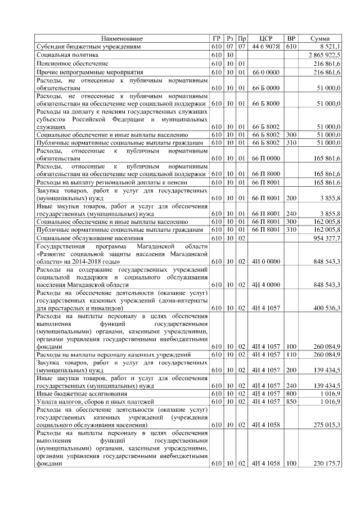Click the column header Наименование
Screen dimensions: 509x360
point(121,38)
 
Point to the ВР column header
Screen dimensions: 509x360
point(291,38)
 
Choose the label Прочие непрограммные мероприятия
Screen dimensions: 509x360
point(82,73)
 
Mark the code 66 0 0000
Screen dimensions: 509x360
point(265,73)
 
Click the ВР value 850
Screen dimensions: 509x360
point(291,402)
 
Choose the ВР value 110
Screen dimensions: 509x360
point(291,355)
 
